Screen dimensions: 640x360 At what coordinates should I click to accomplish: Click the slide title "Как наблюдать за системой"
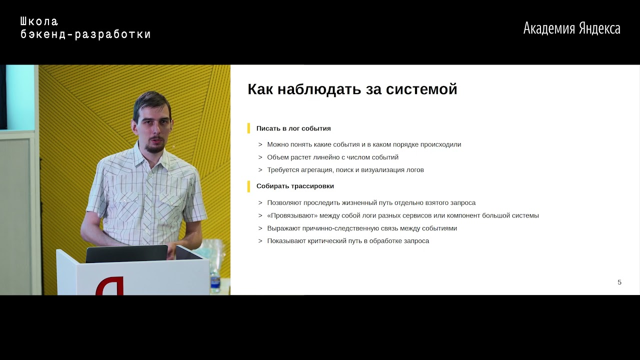click(352, 89)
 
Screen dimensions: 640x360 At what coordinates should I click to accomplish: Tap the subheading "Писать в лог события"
click(293, 128)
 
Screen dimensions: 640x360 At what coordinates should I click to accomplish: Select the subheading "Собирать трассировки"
click(295, 186)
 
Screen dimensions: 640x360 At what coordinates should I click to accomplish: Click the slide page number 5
click(619, 282)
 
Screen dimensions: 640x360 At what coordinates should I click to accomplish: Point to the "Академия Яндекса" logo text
click(571, 28)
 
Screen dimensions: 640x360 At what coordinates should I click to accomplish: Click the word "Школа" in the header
click(39, 21)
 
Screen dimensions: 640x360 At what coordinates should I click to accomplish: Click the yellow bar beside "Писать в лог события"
click(248, 128)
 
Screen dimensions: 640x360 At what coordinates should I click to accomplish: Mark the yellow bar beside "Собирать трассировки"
click(248, 186)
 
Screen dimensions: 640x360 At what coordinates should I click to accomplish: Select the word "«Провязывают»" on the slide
click(292, 215)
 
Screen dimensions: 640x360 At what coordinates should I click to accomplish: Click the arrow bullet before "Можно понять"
click(260, 144)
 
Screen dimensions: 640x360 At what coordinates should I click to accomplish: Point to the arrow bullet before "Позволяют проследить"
click(260, 203)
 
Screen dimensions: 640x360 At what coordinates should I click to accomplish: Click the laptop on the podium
click(126, 253)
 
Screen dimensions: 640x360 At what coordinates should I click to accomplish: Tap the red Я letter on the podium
click(110, 285)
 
